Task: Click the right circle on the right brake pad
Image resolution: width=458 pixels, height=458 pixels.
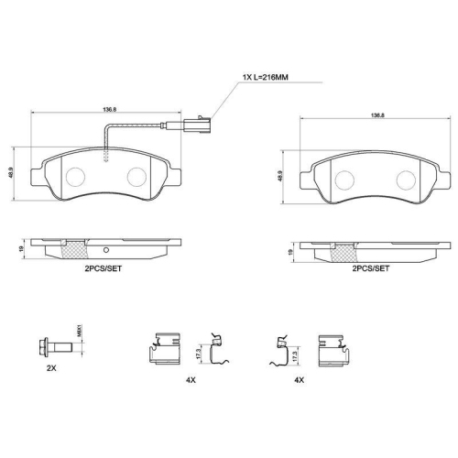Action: pos(405,177)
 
